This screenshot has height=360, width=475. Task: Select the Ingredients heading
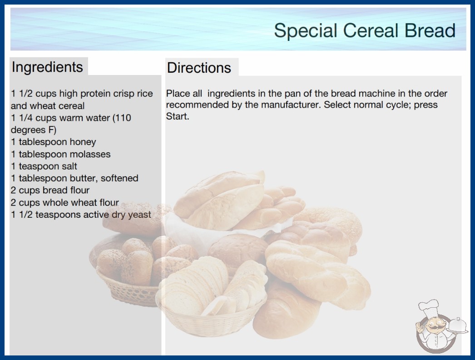(x=47, y=67)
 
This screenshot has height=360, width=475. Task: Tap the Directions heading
(x=199, y=68)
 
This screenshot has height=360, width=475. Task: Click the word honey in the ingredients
(x=83, y=142)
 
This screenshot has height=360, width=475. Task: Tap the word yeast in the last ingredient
(x=139, y=215)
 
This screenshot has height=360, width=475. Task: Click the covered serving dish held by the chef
(x=458, y=325)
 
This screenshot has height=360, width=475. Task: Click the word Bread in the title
(x=430, y=30)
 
